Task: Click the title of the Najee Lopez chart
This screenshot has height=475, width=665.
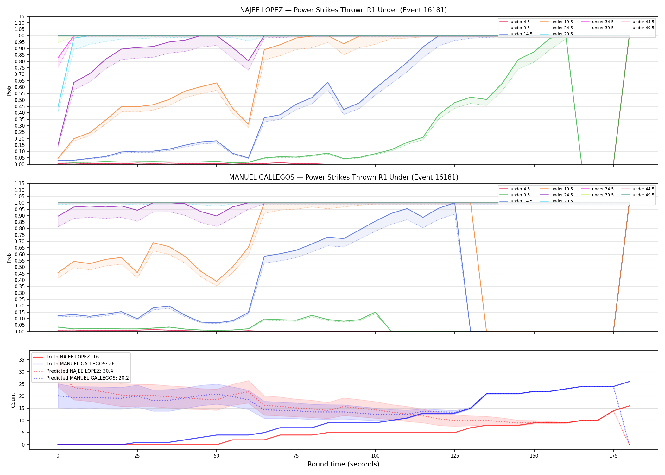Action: [x=343, y=10]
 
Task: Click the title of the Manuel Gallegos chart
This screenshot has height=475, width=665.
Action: [x=344, y=177]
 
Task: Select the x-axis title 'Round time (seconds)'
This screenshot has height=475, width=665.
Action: [x=343, y=464]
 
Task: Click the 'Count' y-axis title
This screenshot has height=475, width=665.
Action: [x=13, y=400]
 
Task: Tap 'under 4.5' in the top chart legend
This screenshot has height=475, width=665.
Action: [x=520, y=22]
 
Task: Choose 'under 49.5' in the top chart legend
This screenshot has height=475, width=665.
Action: [x=643, y=28]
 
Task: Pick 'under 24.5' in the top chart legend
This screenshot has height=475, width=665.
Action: [x=562, y=28]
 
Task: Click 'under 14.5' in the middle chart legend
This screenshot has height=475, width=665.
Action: [x=521, y=201]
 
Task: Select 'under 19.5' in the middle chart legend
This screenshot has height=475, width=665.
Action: [x=562, y=189]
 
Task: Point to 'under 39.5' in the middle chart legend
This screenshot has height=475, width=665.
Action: [x=603, y=195]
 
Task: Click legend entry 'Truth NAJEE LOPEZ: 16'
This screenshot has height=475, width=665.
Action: [x=73, y=357]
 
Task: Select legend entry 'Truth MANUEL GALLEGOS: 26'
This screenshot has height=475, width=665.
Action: [x=80, y=364]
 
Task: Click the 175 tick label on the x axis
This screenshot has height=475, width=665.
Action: [x=613, y=456]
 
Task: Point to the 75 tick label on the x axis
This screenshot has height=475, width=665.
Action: [x=296, y=456]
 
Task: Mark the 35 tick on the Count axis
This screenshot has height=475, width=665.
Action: [x=22, y=360]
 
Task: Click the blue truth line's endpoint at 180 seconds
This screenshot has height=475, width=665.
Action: [x=629, y=382]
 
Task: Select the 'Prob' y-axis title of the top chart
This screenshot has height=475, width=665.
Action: [x=9, y=91]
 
